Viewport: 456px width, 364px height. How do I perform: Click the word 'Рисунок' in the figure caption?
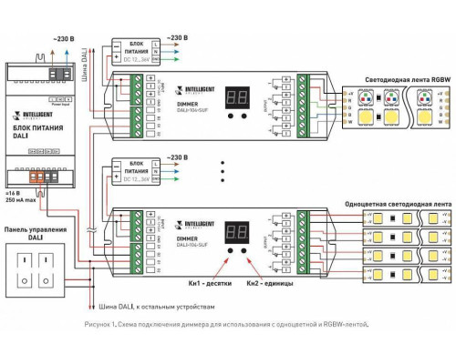point(97,322)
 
